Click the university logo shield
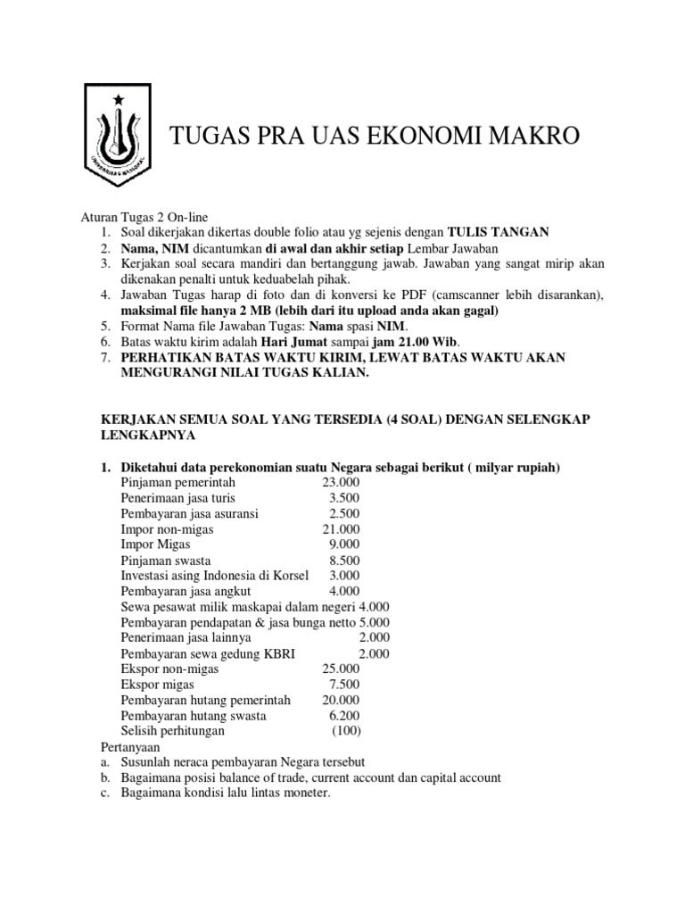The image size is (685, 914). coord(119,134)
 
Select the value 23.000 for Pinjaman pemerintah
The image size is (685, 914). coord(341,483)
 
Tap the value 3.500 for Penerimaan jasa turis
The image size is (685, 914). coord(344,498)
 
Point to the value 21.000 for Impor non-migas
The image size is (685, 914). coord(341,528)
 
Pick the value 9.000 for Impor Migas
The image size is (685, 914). coord(344,544)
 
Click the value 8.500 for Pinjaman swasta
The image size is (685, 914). coord(344,561)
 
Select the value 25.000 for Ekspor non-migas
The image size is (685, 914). coord(341,668)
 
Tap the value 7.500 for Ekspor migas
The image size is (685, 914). coord(344,684)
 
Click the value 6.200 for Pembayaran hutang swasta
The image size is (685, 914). coord(344,715)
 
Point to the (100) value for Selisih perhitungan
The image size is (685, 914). coord(346,731)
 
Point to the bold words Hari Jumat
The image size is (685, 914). coord(293,340)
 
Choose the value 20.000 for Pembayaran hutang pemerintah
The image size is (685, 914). coord(341,699)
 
